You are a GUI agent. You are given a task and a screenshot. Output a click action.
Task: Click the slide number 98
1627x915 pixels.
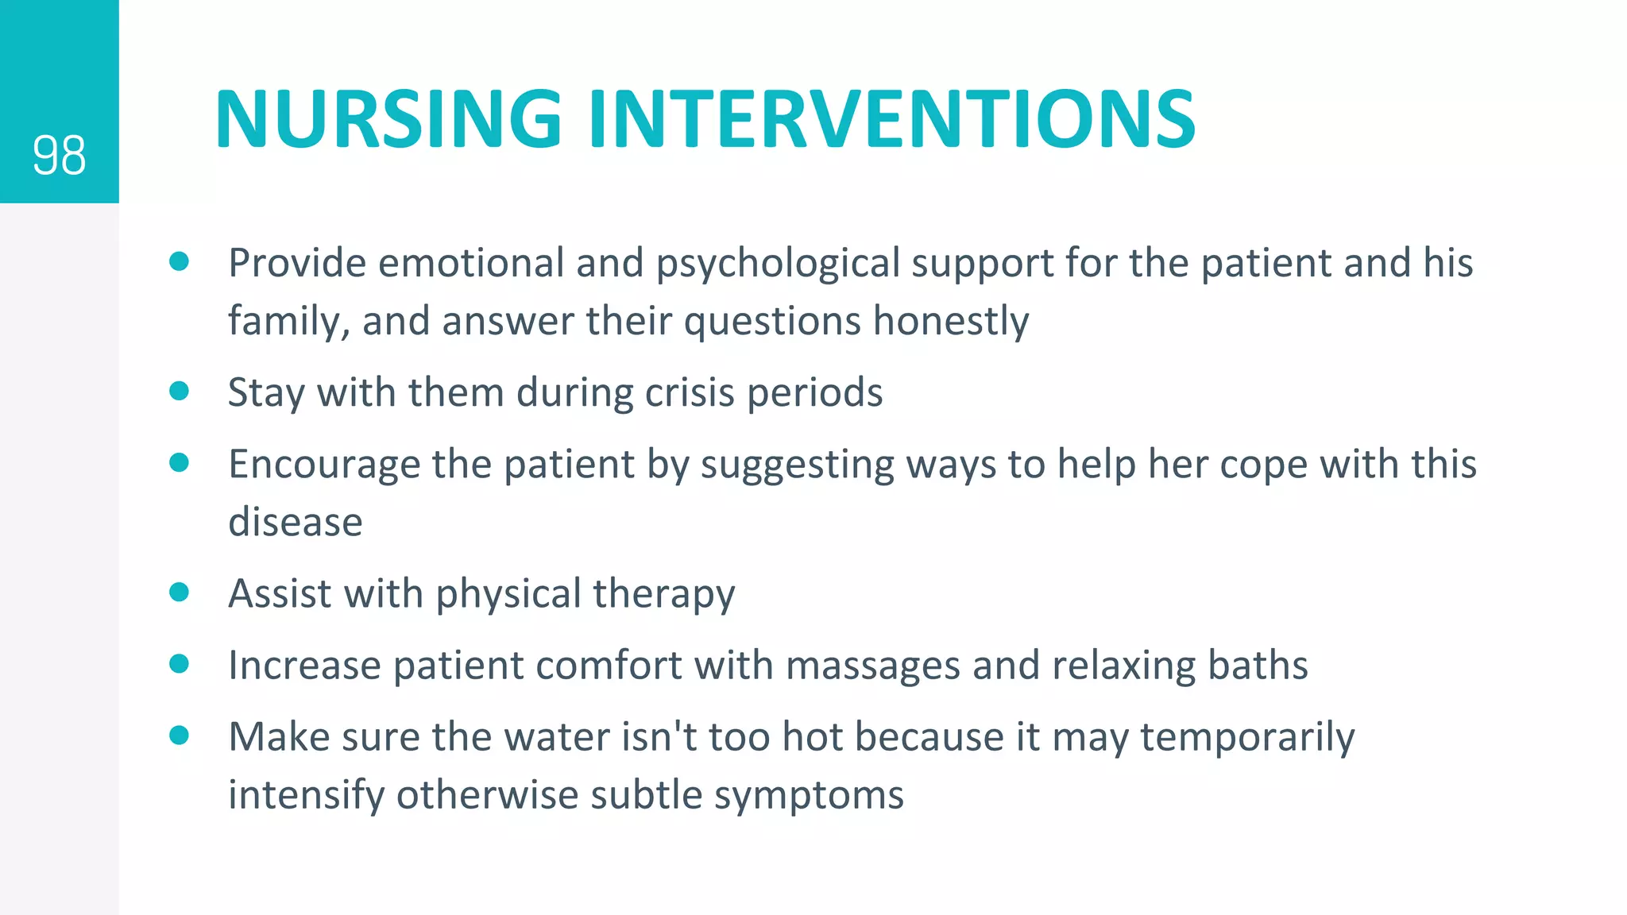59,156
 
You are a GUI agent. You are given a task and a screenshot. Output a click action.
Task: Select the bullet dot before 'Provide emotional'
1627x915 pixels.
180,261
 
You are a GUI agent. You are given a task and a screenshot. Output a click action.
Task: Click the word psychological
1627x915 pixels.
777,264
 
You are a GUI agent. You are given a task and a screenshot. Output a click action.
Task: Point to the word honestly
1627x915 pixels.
950,322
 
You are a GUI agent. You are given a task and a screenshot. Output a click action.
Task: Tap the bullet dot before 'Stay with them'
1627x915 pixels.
180,391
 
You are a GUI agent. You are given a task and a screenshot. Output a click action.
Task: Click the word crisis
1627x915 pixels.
689,392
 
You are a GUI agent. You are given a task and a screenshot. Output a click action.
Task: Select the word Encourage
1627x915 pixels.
324,465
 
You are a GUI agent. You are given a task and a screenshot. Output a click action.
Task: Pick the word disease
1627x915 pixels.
296,523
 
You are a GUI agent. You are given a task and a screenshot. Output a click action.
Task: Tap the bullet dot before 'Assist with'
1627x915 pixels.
180,592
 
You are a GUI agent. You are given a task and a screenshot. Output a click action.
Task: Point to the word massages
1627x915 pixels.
872,666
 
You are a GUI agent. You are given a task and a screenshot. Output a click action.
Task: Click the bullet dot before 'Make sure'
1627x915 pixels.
180,735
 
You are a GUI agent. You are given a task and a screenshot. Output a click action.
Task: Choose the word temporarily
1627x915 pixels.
1246,738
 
